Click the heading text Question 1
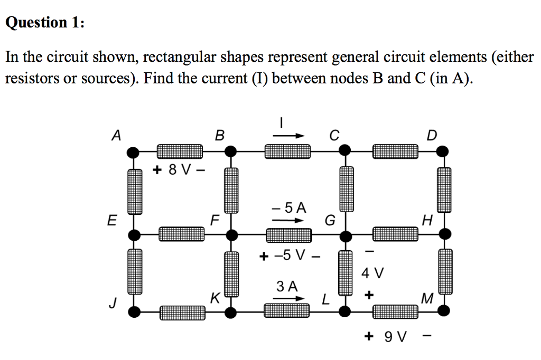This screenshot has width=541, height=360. pyautogui.click(x=44, y=23)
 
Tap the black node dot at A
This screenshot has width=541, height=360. pyautogui.click(x=135, y=153)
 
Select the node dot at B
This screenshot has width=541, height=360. pyautogui.click(x=230, y=152)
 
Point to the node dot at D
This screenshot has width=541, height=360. pyautogui.click(x=444, y=152)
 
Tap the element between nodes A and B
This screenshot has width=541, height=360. pyautogui.click(x=179, y=152)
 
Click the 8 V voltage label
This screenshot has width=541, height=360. pyautogui.click(x=180, y=170)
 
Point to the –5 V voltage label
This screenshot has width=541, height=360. pyautogui.click(x=290, y=257)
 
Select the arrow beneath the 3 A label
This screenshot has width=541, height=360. pyautogui.click(x=289, y=299)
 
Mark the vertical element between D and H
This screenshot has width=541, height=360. pyautogui.click(x=444, y=190)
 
